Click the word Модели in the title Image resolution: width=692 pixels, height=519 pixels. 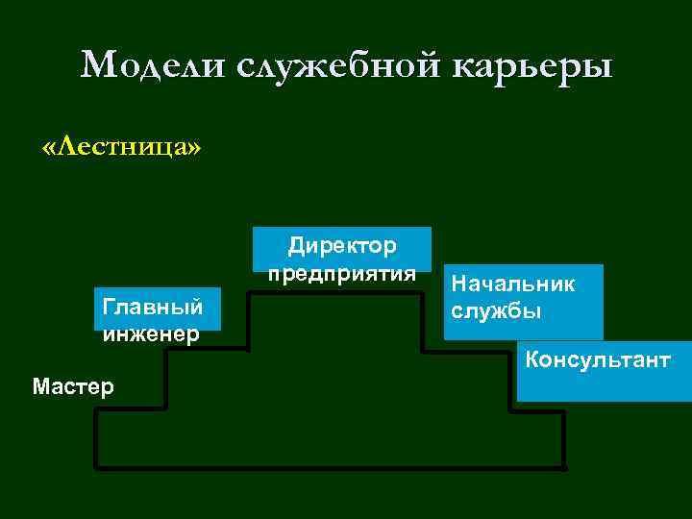[x=153, y=65]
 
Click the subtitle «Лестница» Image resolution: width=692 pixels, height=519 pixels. [x=122, y=147]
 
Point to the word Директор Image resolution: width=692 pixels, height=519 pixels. [x=342, y=246]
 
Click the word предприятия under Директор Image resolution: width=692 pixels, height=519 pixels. [x=342, y=273]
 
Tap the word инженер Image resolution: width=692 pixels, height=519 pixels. [x=149, y=334]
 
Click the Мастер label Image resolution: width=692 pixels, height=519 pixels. [x=73, y=386]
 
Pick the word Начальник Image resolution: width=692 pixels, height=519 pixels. [x=514, y=284]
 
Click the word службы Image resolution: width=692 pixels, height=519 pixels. [x=497, y=311]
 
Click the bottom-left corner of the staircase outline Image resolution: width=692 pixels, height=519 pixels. [x=96, y=468]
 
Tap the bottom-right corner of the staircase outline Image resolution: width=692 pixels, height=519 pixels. [x=563, y=468]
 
